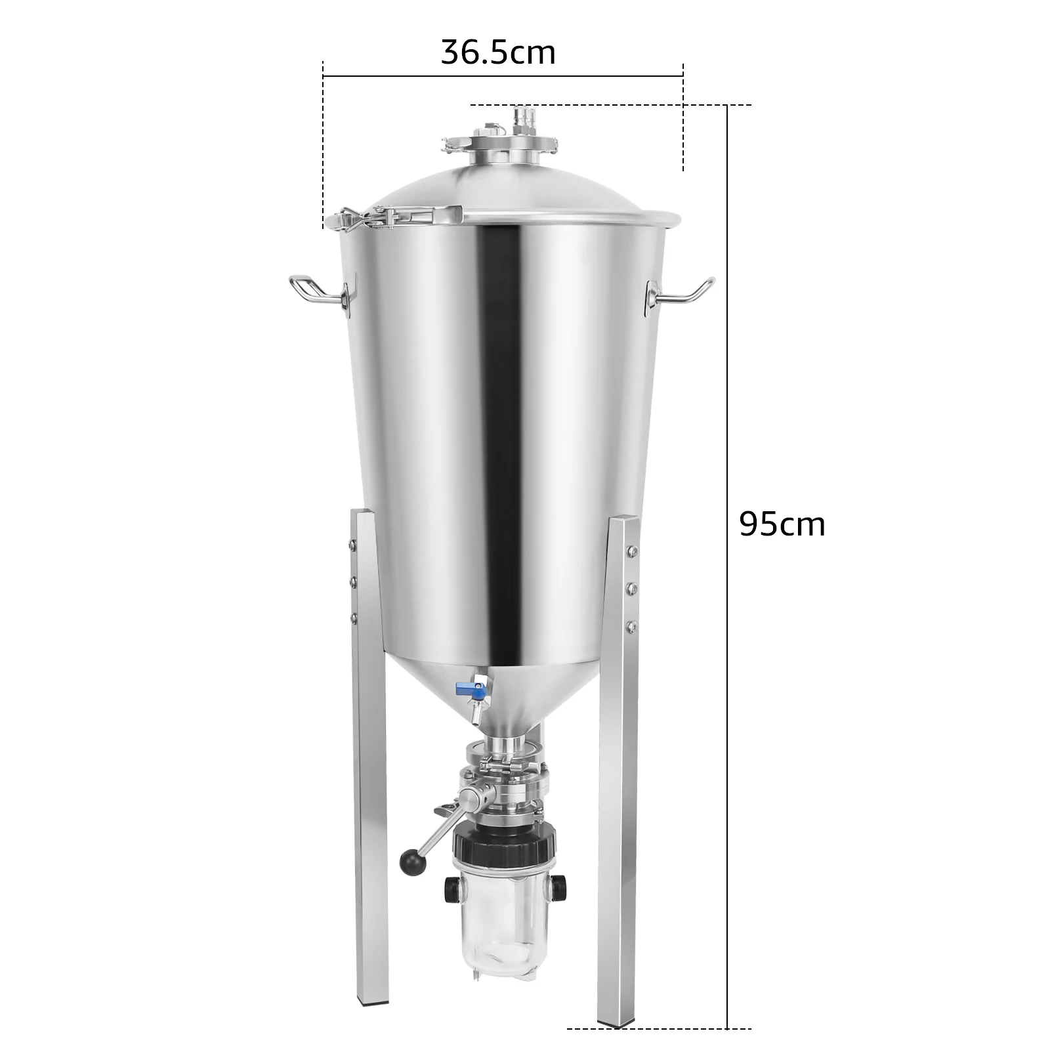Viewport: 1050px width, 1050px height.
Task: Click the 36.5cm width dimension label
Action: (498, 52)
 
